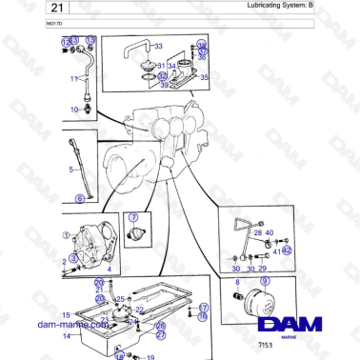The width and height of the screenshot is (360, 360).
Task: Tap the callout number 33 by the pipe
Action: point(158,46)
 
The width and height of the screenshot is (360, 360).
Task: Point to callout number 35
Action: point(204,77)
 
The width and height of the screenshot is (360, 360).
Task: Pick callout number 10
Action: point(73,110)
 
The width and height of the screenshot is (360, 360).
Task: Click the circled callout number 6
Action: point(79,198)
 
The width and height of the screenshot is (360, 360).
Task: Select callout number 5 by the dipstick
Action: point(70,170)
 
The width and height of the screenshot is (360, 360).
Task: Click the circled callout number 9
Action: point(266,281)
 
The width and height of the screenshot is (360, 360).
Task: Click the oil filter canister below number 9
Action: point(259,307)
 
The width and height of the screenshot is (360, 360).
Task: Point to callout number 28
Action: point(257,233)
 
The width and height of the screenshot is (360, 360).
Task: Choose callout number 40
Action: point(270,233)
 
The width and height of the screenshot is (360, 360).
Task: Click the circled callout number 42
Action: point(287,250)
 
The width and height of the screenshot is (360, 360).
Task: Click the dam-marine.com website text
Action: point(69,325)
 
